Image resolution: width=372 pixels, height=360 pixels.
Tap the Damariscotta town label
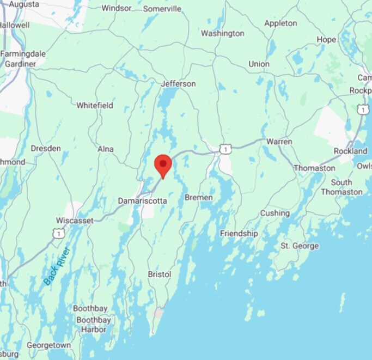coord(142,201)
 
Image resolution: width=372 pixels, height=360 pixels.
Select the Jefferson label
coord(178,84)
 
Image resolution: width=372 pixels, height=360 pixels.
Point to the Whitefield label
coord(95,105)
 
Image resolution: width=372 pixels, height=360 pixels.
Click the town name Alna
coord(105,149)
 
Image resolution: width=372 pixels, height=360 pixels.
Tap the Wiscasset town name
coord(75,221)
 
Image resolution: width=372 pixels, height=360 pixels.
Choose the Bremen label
coord(198,197)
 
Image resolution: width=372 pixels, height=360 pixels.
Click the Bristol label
coord(160,274)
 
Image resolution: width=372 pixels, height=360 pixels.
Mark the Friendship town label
coord(239,233)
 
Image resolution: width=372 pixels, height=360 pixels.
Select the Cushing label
coord(275,213)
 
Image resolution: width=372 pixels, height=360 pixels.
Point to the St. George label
coord(300,246)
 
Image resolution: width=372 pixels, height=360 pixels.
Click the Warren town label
coord(279,142)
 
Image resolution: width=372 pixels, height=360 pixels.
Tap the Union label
coord(259,64)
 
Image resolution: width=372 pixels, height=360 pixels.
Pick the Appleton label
coord(280,23)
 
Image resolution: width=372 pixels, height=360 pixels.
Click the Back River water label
coord(57,266)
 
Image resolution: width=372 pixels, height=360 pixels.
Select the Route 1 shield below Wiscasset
coord(58,234)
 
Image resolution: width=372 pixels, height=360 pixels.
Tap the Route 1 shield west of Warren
coord(223,148)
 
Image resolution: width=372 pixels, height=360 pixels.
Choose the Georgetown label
coord(49,345)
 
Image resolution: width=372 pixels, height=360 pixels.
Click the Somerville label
coord(162,9)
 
